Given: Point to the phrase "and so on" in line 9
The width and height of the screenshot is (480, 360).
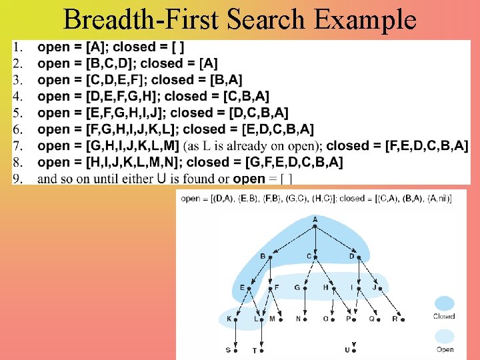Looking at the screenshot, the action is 65,178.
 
